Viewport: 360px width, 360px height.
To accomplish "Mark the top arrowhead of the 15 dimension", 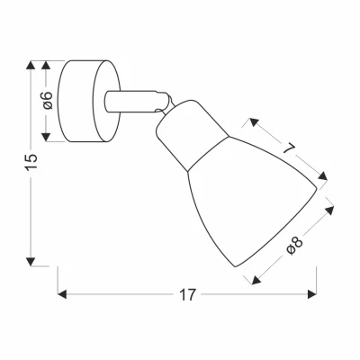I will [32, 66].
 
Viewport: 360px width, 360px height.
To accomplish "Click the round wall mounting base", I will [90, 101].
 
